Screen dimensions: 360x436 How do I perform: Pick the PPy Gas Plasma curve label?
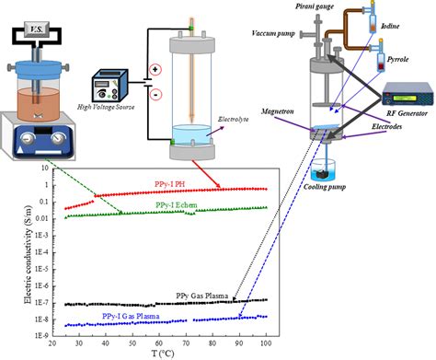tap(203, 296)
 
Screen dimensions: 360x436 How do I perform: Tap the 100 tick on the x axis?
tap(266, 342)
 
